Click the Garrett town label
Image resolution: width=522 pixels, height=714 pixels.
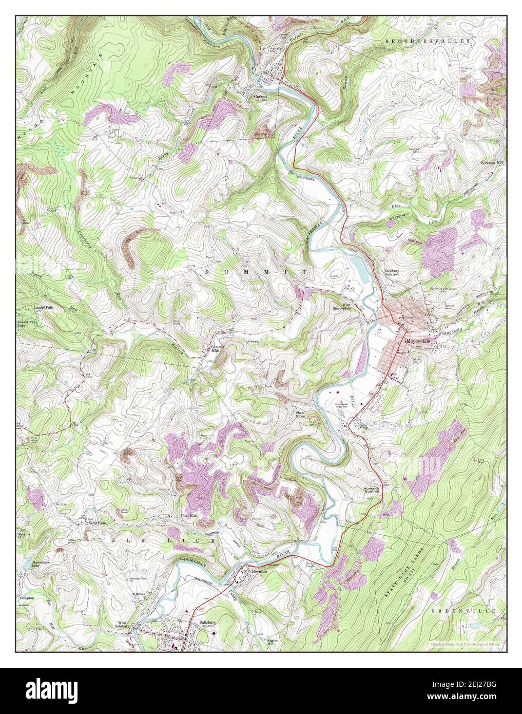point(261,96)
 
